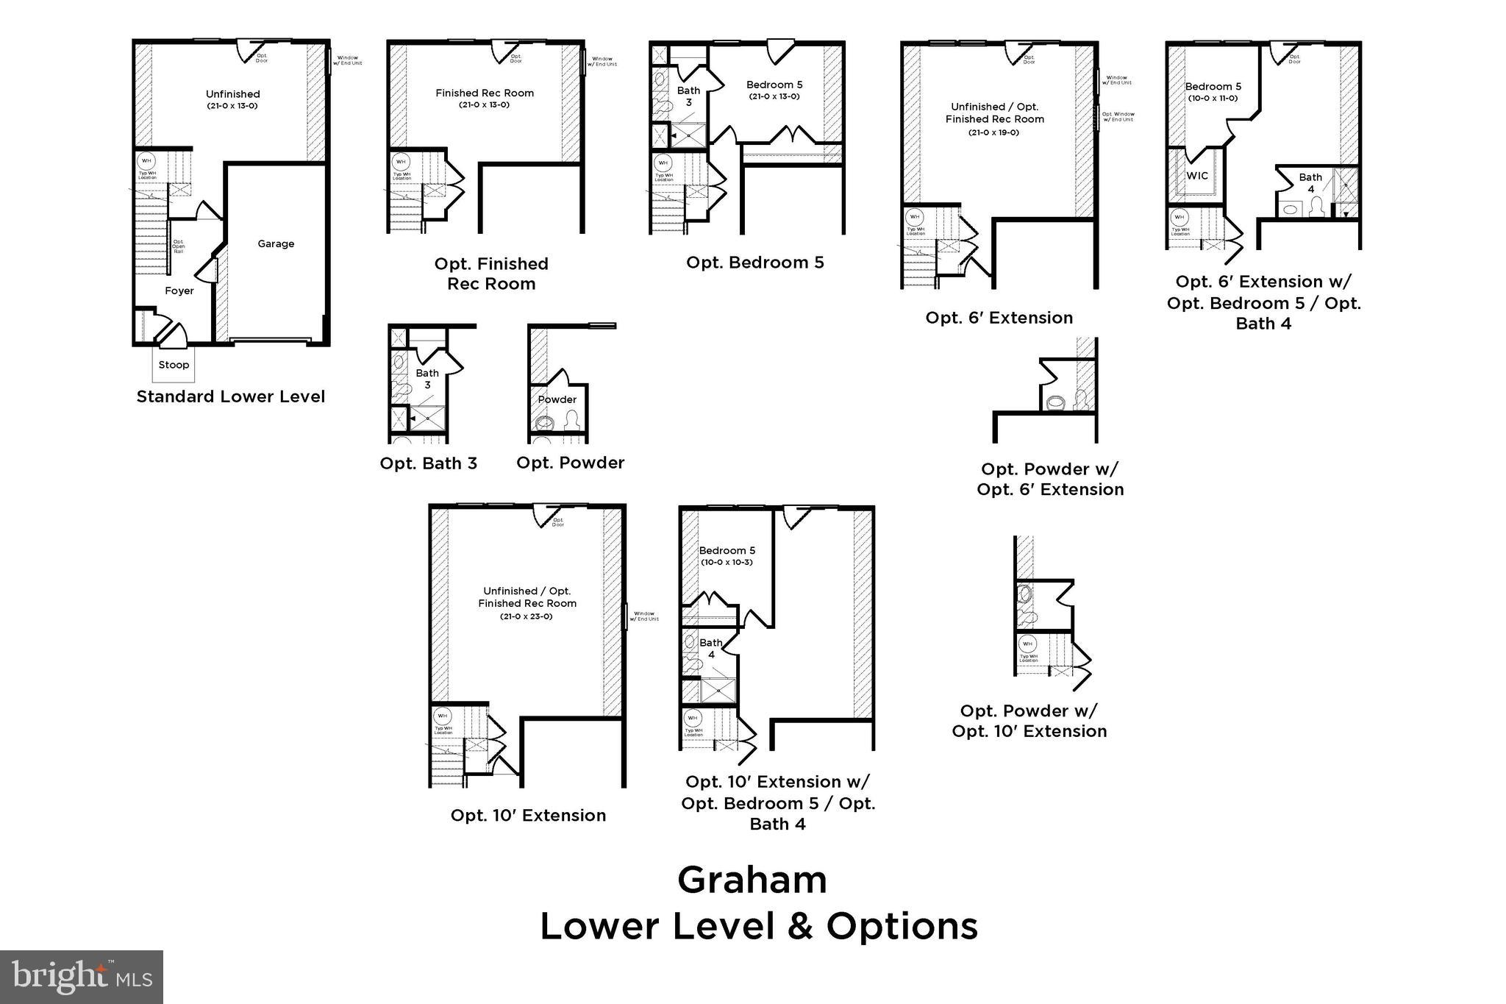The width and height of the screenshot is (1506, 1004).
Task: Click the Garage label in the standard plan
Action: click(276, 244)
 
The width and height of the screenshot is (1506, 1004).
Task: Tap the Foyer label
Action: click(179, 291)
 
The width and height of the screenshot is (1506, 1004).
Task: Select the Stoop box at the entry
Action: click(174, 365)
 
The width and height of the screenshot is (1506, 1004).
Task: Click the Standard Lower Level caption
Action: click(230, 397)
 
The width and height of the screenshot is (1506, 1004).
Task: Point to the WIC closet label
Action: click(1197, 176)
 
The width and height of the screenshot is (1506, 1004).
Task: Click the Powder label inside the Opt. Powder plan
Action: click(557, 400)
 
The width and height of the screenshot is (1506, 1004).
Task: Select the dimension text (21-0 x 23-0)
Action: click(526, 616)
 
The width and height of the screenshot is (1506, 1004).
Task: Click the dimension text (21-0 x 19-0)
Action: click(993, 132)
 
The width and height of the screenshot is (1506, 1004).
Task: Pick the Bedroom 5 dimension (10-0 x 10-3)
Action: click(727, 563)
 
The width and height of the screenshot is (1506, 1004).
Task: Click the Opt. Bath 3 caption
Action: click(428, 463)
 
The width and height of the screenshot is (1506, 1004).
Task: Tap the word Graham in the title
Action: click(752, 880)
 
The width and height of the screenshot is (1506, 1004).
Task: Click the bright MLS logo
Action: click(82, 977)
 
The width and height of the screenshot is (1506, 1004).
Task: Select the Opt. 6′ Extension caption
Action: click(999, 318)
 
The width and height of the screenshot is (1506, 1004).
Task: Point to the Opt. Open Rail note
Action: click(178, 246)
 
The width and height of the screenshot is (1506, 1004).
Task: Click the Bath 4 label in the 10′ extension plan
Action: click(711, 648)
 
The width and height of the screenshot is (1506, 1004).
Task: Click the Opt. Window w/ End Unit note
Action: click(1118, 116)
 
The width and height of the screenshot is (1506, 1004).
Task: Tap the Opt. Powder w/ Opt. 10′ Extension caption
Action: click(1029, 721)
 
